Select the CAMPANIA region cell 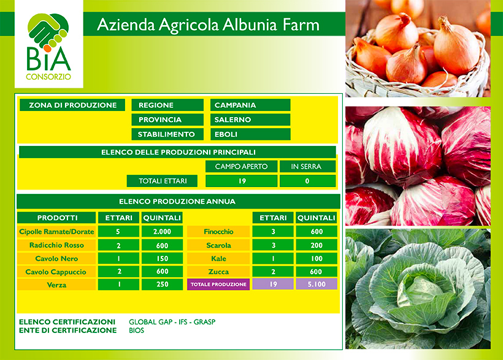click(x=250, y=105)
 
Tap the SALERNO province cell click(x=250, y=120)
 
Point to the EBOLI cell click(x=250, y=134)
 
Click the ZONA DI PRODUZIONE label click(x=72, y=105)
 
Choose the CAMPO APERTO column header click(x=241, y=167)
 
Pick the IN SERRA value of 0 click(x=308, y=181)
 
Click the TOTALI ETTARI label click(x=162, y=181)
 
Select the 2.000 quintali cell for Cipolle click(x=163, y=232)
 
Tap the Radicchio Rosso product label click(x=56, y=245)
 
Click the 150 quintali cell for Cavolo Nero click(x=163, y=259)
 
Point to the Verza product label click(x=56, y=285)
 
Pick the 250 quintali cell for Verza click(x=163, y=285)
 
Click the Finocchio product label click(x=218, y=232)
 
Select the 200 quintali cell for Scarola click(x=317, y=245)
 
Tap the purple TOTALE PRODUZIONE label click(x=218, y=285)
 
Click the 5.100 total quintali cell click(x=317, y=285)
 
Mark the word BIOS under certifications click(x=137, y=331)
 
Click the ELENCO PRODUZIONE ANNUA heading click(x=178, y=202)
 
